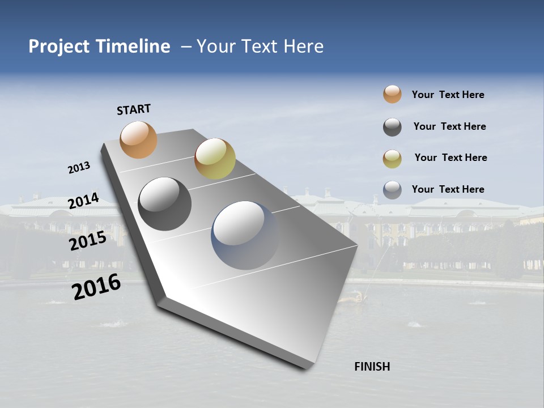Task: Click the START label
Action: (x=134, y=109)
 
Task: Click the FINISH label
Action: (x=372, y=367)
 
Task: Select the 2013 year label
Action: (x=79, y=168)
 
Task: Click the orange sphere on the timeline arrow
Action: (x=139, y=139)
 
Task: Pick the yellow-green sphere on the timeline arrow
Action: (x=215, y=159)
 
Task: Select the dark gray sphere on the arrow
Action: (x=164, y=204)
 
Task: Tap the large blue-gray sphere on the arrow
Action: (x=245, y=235)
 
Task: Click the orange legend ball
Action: (x=392, y=95)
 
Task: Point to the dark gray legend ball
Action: (x=392, y=127)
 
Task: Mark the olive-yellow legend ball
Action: (x=392, y=159)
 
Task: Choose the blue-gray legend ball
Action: (x=392, y=190)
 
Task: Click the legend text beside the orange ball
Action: (x=448, y=95)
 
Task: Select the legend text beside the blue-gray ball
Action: (x=448, y=189)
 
